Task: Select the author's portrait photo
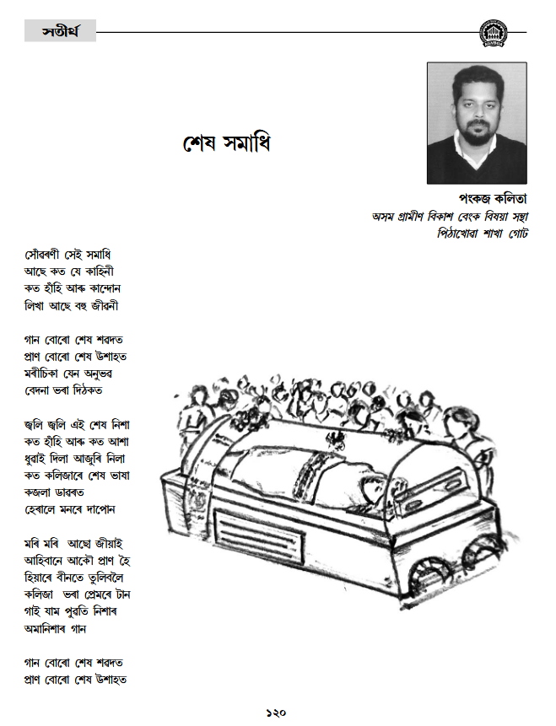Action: pos(477,122)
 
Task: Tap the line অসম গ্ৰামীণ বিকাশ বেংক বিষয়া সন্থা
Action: pos(450,216)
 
